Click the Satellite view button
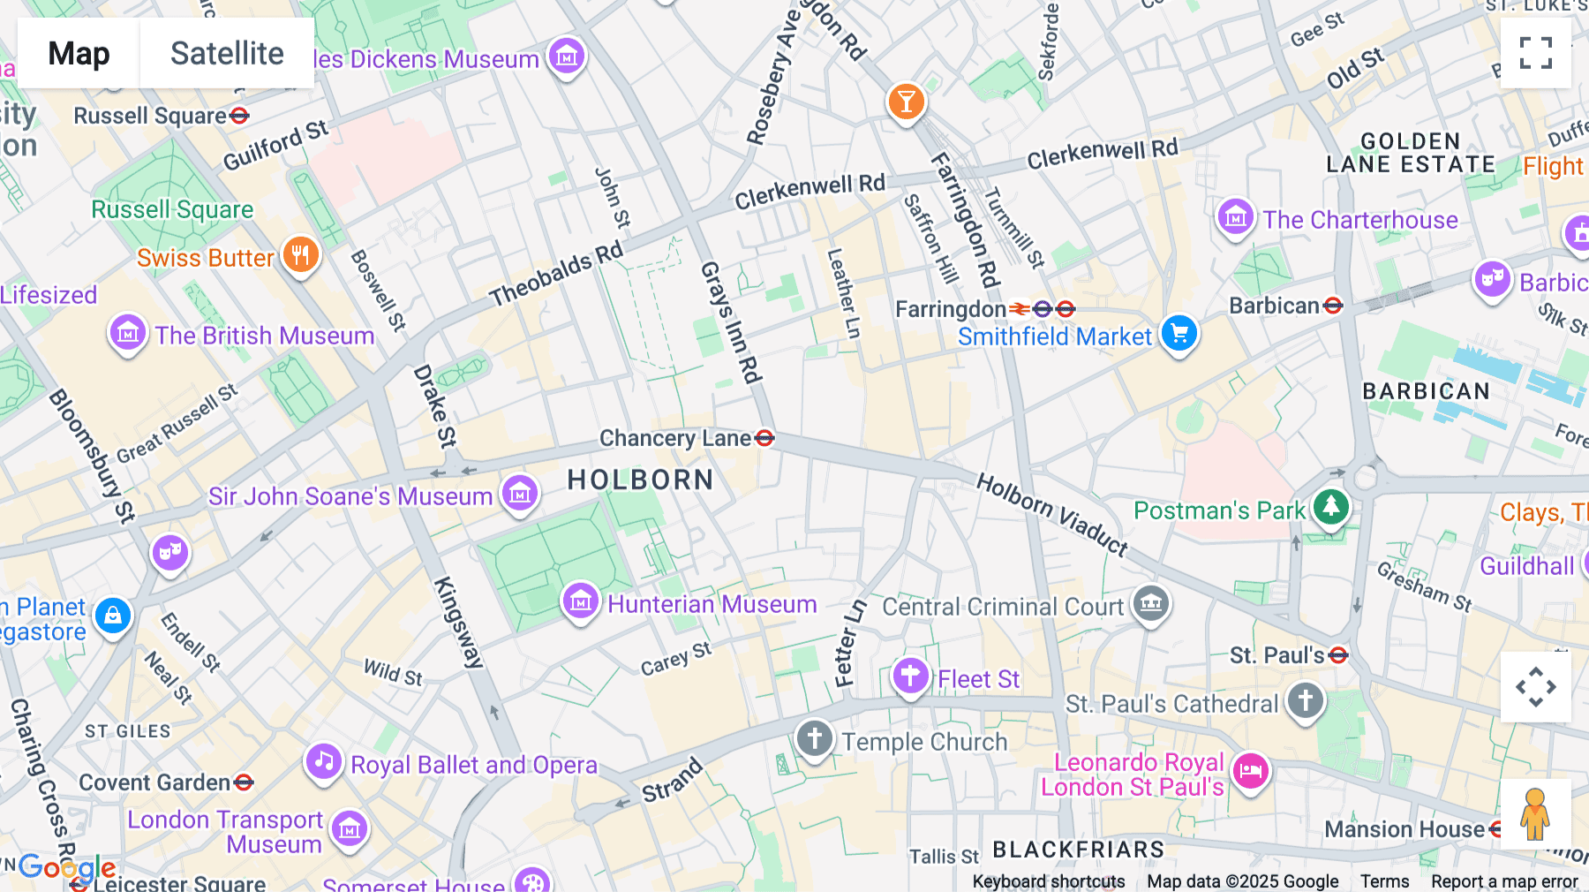click(x=227, y=53)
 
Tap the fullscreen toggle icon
click(x=1535, y=53)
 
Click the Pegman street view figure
click(x=1535, y=813)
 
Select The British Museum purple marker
click(x=128, y=334)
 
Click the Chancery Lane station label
click(x=675, y=438)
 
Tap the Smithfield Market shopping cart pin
click(x=1179, y=334)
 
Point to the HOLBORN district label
click(x=640, y=480)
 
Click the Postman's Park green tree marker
click(x=1331, y=507)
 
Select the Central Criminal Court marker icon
click(x=1151, y=604)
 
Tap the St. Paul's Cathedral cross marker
click(x=1306, y=700)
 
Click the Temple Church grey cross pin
click(x=814, y=738)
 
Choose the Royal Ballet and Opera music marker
click(x=324, y=761)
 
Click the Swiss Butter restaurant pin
click(x=300, y=255)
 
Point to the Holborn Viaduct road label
click(x=1051, y=515)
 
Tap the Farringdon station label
click(x=951, y=309)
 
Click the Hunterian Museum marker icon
click(x=580, y=602)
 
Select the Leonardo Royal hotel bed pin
click(x=1250, y=770)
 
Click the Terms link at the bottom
click(x=1384, y=881)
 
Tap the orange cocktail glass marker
click(x=906, y=102)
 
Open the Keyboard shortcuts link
click(x=1048, y=881)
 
